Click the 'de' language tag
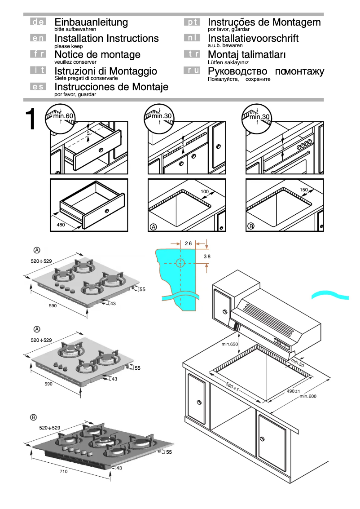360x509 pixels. tap(38, 22)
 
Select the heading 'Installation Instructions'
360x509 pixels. tap(106, 38)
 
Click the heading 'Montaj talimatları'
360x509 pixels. tap(247, 55)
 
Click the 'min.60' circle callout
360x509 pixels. tap(60, 119)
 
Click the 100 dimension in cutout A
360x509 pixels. tap(205, 192)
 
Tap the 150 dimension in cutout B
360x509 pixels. tap(303, 190)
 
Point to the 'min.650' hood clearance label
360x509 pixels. tap(229, 345)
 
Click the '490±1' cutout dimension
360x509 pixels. tap(293, 391)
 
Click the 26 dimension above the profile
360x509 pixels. tap(188, 243)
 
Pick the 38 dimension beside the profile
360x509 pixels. tap(207, 256)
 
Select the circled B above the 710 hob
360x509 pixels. tap(33, 417)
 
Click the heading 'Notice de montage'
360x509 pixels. tap(97, 55)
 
